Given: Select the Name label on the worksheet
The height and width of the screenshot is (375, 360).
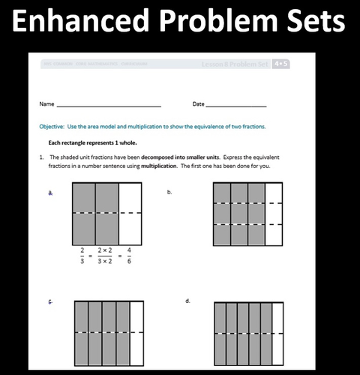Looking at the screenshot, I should pos(46,103).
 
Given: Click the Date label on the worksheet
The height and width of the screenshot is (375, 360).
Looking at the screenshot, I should pos(198,103).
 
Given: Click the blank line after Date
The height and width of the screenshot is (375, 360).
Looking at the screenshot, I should pos(235,106).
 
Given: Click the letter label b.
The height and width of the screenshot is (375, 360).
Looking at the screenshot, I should pos(169,192).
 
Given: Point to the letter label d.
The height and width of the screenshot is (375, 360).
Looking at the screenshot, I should pos(187,301).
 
